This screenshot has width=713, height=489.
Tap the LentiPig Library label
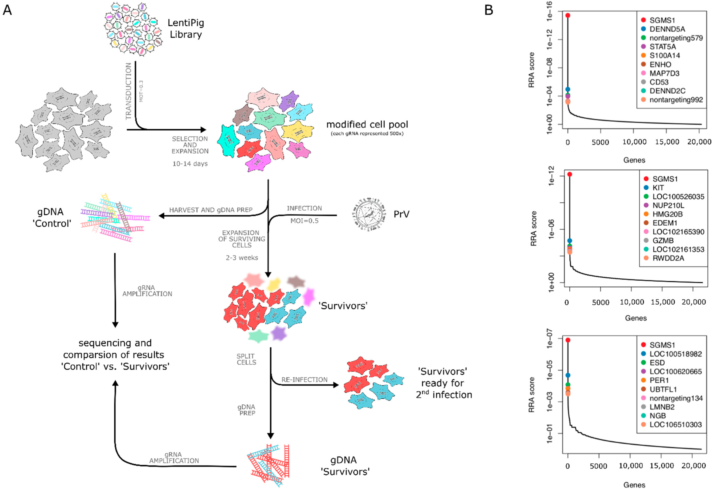[x=186, y=28]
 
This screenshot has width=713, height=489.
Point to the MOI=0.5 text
[x=304, y=221]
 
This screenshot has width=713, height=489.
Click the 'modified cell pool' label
[x=367, y=125]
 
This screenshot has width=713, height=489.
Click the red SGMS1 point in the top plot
[x=568, y=15]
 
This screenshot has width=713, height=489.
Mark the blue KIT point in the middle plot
[x=569, y=241]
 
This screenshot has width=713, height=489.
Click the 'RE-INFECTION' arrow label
[x=304, y=380]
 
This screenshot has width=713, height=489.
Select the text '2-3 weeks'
[x=242, y=258]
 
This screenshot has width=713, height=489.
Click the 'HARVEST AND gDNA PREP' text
[x=211, y=210]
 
